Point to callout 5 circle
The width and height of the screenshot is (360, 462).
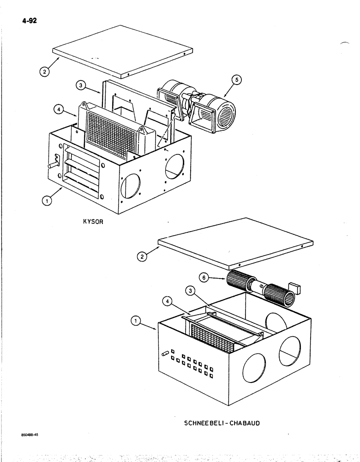pos(236,80)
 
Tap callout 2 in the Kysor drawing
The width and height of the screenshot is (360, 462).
pos(43,72)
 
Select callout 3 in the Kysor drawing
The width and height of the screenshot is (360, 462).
pos(81,85)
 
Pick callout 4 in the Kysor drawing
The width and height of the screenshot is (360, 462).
pos(59,109)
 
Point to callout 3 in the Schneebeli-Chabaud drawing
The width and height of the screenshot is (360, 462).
pos(189,291)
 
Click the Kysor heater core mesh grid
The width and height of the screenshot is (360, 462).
pos(112,134)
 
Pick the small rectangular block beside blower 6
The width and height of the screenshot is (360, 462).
pos(293,289)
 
